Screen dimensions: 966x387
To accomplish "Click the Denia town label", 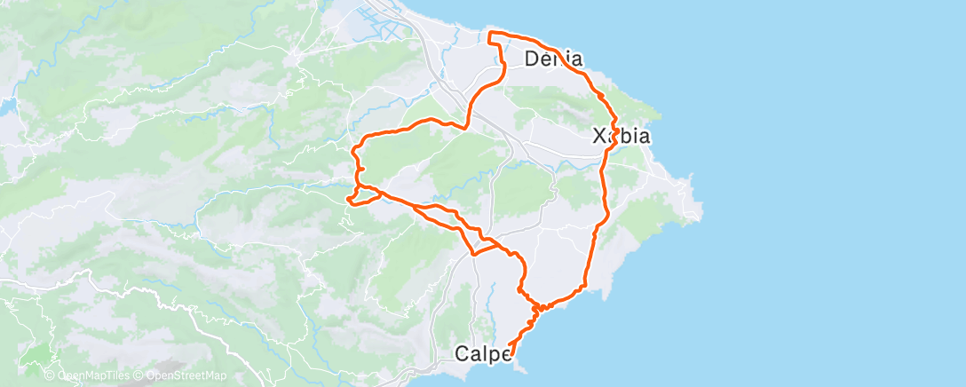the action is [553, 60].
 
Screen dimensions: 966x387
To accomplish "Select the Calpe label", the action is [483, 353].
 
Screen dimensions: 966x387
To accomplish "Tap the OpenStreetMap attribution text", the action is [180, 376].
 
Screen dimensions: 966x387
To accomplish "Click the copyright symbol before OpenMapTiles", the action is [49, 376].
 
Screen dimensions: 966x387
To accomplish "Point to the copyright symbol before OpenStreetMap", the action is [138, 376].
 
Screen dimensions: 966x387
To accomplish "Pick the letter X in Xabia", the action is [600, 137].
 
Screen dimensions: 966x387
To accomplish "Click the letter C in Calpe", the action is [462, 353].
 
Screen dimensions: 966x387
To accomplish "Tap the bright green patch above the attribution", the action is [37, 357].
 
